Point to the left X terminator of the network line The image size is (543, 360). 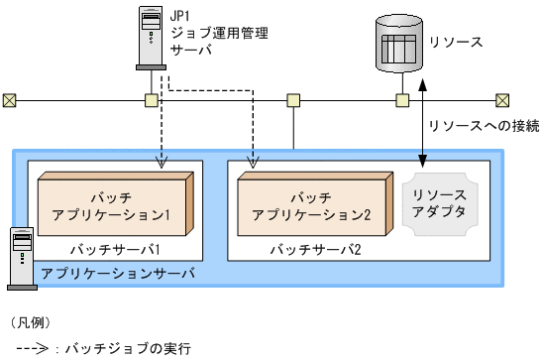(9, 100)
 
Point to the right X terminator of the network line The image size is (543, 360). (502, 100)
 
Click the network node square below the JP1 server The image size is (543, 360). (151, 100)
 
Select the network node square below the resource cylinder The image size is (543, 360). (402, 100)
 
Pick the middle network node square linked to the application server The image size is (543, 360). (293, 100)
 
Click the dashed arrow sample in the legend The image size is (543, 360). (30, 348)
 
